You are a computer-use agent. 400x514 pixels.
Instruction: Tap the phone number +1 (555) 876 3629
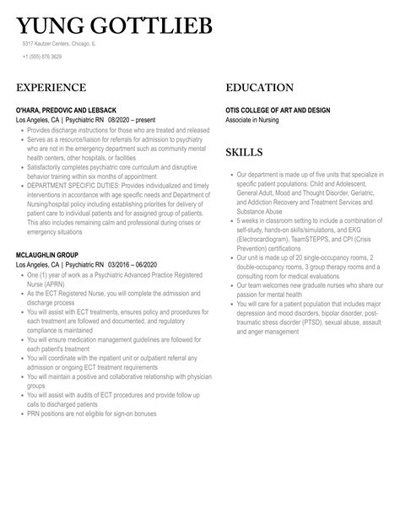coord(42,57)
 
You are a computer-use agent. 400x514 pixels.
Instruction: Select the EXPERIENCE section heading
coord(51,88)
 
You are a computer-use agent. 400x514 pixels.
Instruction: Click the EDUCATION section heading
coord(260,88)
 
